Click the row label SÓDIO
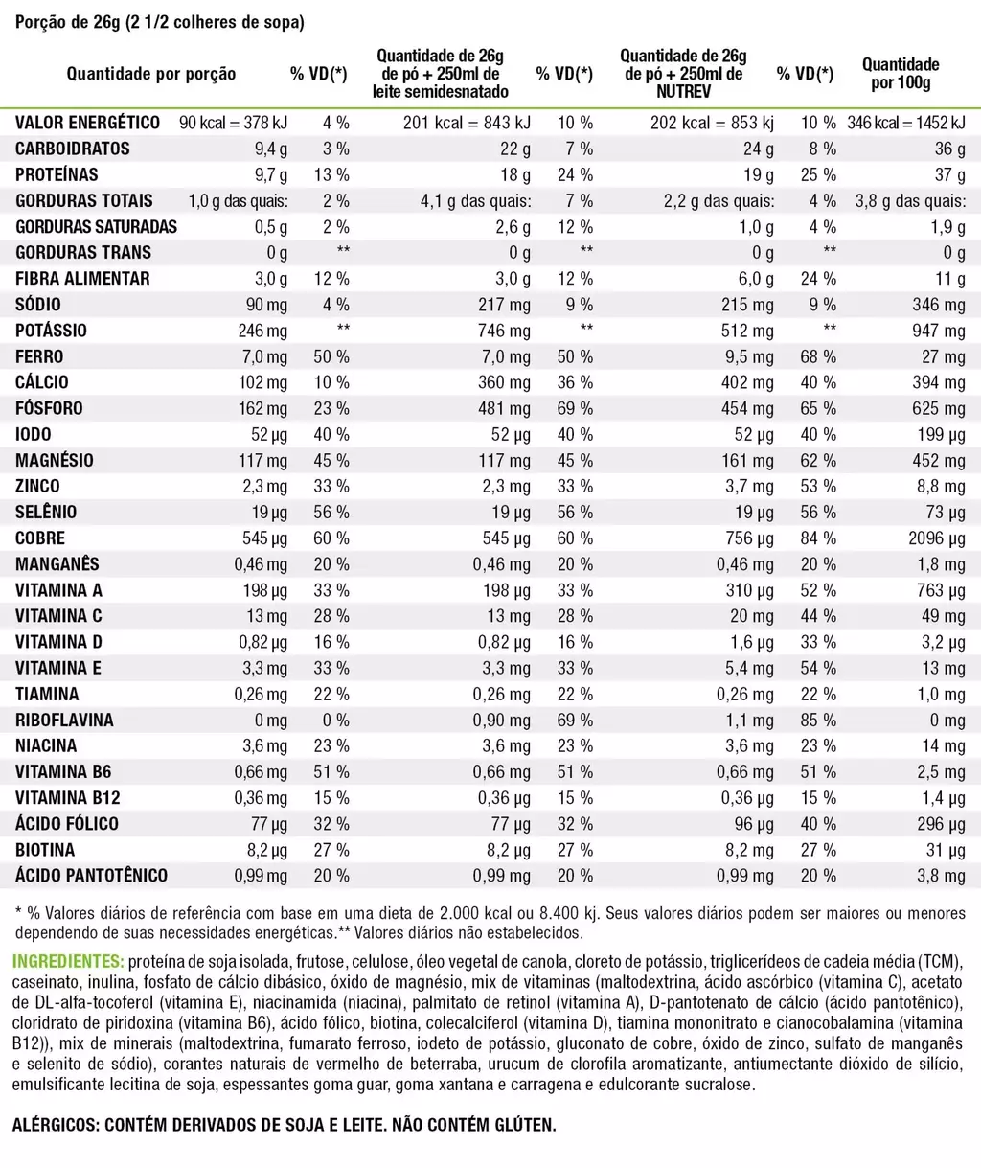pos(38,305)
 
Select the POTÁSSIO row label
pos(51,331)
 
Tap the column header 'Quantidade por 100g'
pos(901,73)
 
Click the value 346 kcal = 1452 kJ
pos(906,123)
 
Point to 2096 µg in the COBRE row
pos(937,538)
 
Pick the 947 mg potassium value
pos(939,331)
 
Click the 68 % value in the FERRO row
pos(818,356)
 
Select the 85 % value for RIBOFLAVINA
pos(818,720)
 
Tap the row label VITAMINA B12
pos(68,798)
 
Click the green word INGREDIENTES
pos(68,962)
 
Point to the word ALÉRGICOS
pos(56,1125)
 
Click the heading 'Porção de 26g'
pos(68,22)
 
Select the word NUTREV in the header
pos(683,91)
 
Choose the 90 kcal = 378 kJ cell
pos(233,123)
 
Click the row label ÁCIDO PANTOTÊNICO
pos(91,876)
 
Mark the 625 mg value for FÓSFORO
pos(939,408)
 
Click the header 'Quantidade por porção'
pos(151,73)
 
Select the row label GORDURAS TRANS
pos(83,252)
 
